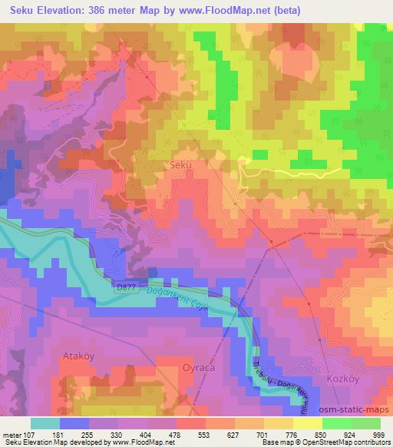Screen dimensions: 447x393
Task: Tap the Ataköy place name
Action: point(78,357)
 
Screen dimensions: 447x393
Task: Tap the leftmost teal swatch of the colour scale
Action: point(45,422)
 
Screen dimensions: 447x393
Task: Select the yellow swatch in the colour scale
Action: point(308,422)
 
